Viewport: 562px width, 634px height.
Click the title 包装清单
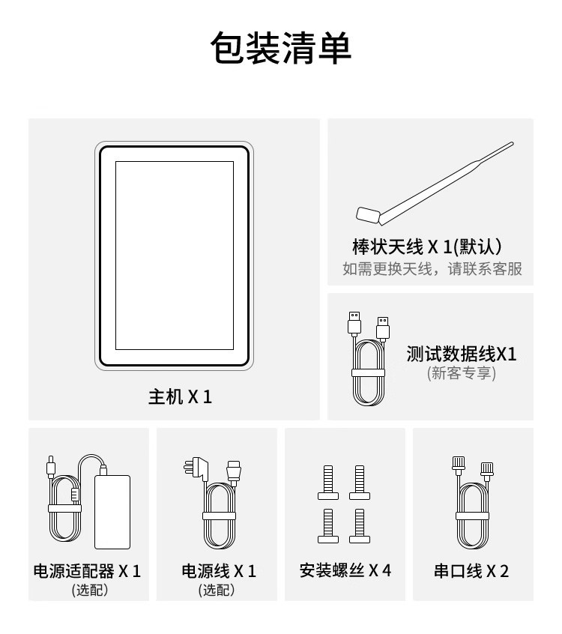click(x=280, y=48)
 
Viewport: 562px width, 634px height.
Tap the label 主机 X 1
click(x=180, y=396)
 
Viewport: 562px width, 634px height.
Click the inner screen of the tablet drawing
click(x=175, y=255)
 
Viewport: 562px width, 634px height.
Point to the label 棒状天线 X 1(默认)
click(x=427, y=247)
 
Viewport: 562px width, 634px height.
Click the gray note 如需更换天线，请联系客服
click(x=432, y=269)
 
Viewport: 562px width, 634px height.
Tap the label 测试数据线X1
click(x=462, y=354)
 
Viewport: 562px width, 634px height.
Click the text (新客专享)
click(x=462, y=373)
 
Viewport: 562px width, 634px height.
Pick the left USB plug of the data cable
click(x=354, y=324)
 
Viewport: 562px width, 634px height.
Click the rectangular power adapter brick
click(x=112, y=512)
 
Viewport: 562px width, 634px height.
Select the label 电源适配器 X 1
click(x=87, y=571)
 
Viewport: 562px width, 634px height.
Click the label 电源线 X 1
click(x=219, y=571)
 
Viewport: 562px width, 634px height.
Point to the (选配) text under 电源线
click(x=217, y=591)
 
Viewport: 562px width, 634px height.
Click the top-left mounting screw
click(x=328, y=483)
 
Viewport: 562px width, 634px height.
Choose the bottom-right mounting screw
click(x=360, y=525)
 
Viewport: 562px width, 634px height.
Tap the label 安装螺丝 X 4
click(x=345, y=570)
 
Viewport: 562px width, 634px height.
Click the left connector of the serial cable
click(x=459, y=466)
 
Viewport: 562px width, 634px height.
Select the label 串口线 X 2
click(x=471, y=571)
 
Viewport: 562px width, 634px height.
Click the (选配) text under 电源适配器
click(x=90, y=591)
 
